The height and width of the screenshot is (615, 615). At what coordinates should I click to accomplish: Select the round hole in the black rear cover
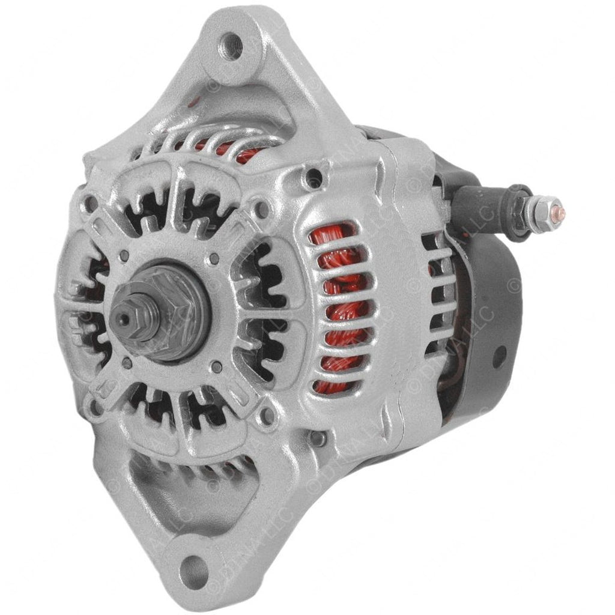[x=497, y=356]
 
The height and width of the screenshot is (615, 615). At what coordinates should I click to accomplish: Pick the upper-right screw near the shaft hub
[x=214, y=260]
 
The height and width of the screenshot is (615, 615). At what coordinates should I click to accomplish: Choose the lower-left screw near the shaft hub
[x=127, y=362]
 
